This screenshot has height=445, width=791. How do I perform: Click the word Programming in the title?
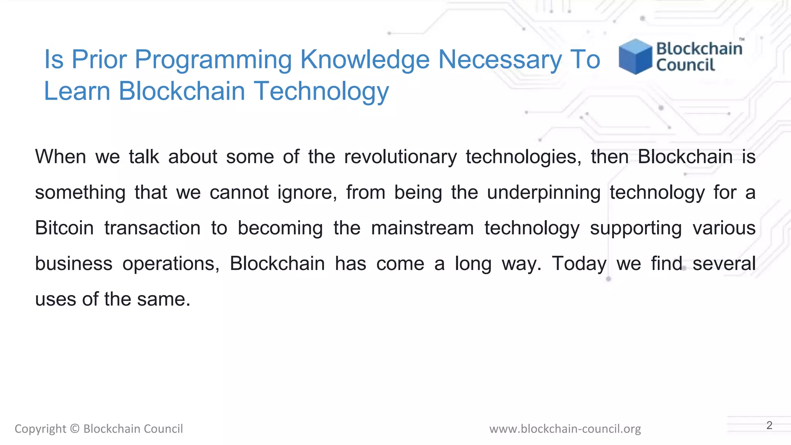point(213,60)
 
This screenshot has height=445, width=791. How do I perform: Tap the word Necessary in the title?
point(500,60)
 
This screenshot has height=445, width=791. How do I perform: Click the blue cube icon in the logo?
point(635,56)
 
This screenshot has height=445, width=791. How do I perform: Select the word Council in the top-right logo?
point(686,65)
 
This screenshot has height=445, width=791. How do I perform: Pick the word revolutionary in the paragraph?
point(401,157)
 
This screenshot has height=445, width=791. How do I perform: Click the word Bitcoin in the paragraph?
point(65,228)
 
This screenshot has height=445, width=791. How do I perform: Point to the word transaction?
point(153,228)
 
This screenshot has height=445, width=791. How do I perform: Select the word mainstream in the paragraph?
point(422,228)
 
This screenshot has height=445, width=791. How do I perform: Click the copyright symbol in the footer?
point(75,429)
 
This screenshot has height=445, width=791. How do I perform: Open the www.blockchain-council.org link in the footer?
point(565,429)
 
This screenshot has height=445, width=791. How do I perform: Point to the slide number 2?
point(769,425)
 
